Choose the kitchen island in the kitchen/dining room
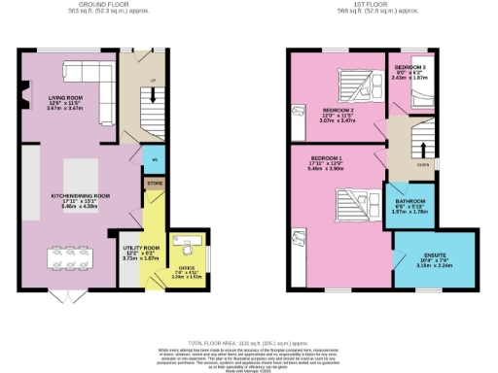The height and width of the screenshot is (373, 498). [82, 175]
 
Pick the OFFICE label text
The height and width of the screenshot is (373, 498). [185, 267]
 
